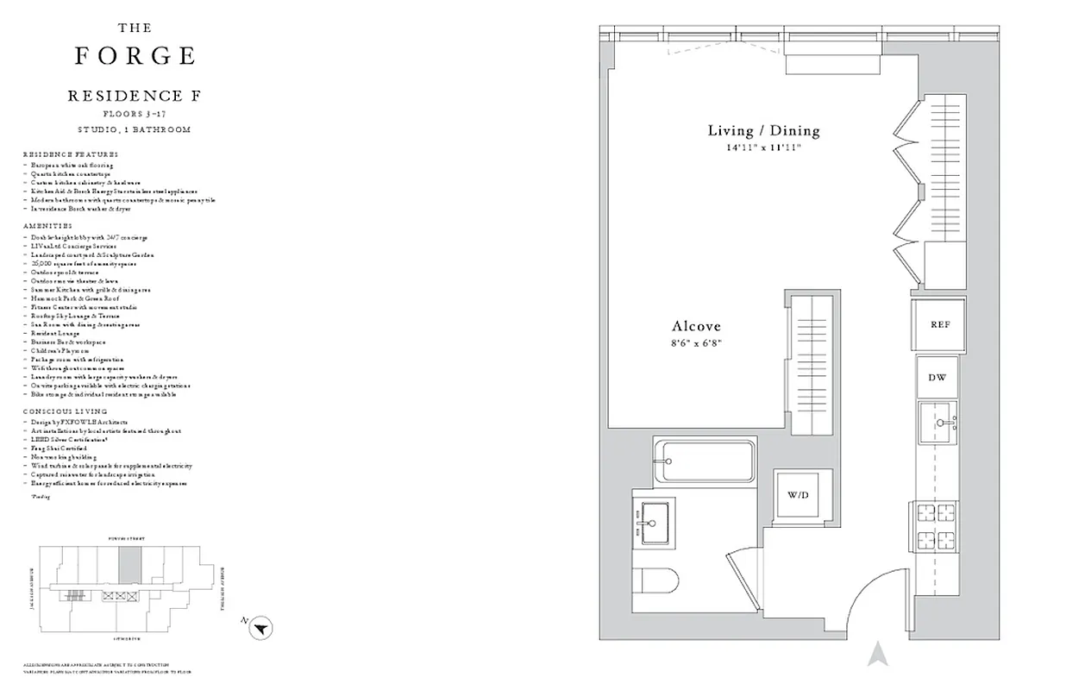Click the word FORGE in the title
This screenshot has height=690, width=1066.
tap(135, 56)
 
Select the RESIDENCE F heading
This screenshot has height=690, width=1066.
tap(135, 96)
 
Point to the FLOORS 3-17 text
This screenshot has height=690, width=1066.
tap(135, 114)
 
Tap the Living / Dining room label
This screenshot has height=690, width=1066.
tap(763, 131)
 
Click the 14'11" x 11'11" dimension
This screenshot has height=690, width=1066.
tap(763, 148)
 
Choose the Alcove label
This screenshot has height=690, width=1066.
tap(696, 327)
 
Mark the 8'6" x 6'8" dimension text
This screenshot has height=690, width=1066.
tap(696, 344)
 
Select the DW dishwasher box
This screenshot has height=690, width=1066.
tap(937, 378)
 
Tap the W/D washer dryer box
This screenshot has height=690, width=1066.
tap(802, 496)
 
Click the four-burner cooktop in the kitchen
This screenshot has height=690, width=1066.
tap(936, 527)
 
